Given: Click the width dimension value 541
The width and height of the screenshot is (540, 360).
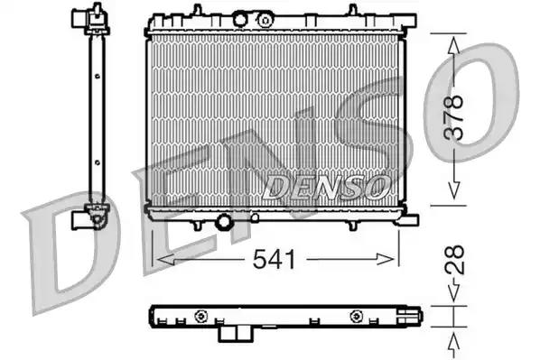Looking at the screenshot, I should [x=272, y=260].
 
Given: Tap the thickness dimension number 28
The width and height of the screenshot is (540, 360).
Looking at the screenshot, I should [x=458, y=260].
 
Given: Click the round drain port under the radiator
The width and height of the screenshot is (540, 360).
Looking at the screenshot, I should [x=223, y=221].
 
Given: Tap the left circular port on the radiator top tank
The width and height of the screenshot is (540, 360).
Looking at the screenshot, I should [x=240, y=19].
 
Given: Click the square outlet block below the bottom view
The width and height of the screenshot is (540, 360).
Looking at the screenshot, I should [x=234, y=333].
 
